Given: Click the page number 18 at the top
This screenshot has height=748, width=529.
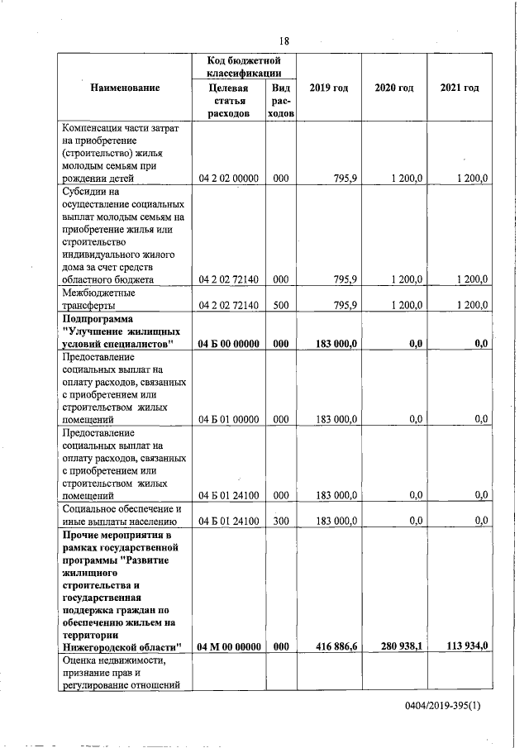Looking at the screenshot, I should (x=284, y=41).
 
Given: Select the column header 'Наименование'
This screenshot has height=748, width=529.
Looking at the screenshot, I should (x=125, y=88).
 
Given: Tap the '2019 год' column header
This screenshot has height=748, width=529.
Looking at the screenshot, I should (x=328, y=88).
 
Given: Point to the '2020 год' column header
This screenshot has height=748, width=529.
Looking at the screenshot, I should (x=393, y=88).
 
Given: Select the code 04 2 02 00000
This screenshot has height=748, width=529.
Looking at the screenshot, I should (x=229, y=178).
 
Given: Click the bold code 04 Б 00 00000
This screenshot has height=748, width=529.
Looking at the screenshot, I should (x=229, y=343).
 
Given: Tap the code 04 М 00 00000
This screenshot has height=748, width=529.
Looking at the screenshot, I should (x=229, y=646).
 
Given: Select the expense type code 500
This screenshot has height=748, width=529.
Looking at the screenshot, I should (x=281, y=305).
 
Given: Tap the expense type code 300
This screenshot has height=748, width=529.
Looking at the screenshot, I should (x=281, y=521).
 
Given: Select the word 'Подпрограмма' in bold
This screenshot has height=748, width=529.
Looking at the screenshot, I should (x=98, y=318).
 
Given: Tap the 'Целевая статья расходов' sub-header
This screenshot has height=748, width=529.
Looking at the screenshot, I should (x=229, y=101).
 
